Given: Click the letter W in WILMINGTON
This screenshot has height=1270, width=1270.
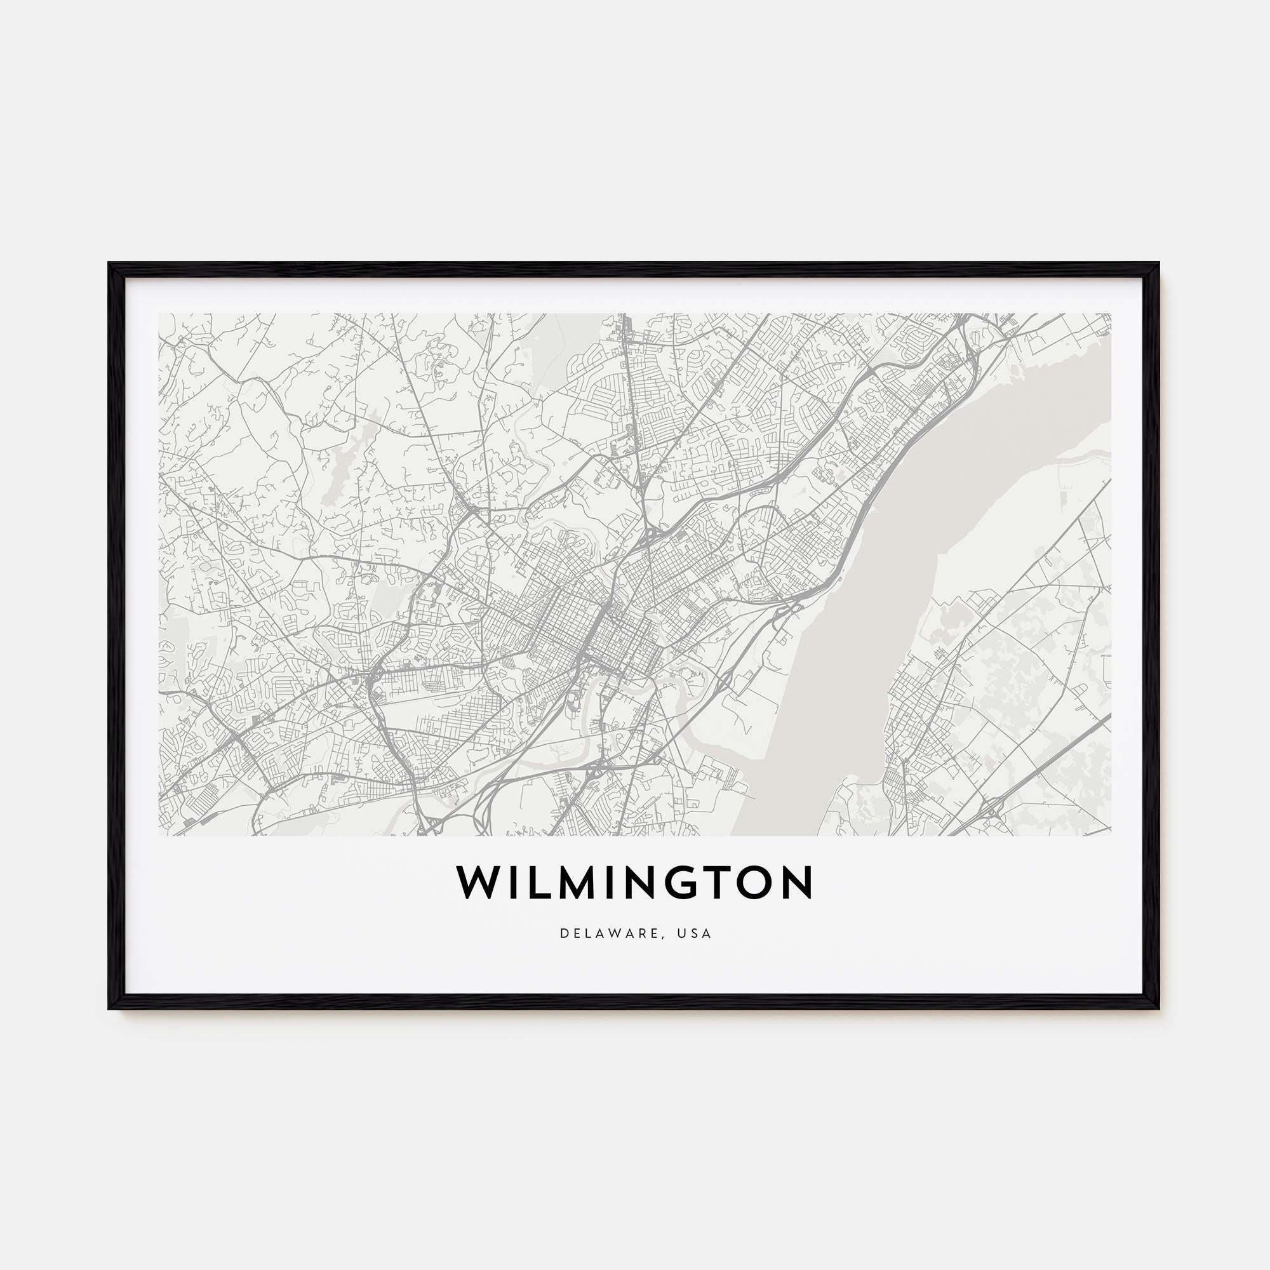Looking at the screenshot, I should click(481, 882).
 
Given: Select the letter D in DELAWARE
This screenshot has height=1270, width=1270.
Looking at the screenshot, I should click(564, 933).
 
